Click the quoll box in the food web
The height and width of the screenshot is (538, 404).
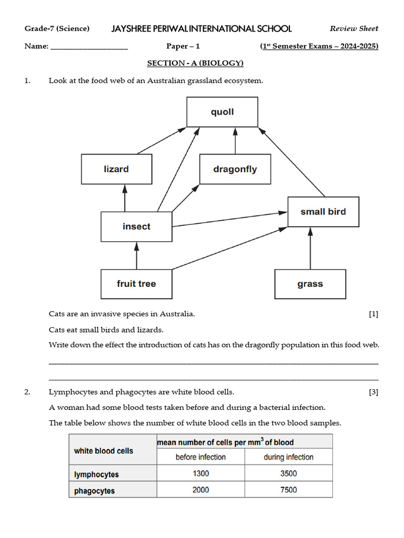(x=222, y=112)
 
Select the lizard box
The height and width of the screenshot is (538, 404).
(x=116, y=169)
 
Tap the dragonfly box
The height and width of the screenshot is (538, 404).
(x=235, y=169)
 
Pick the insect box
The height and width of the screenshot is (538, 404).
(x=136, y=226)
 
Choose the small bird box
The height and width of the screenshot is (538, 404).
(x=323, y=212)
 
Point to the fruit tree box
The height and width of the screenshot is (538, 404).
(x=136, y=284)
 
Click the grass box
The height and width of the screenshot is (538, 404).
(x=310, y=284)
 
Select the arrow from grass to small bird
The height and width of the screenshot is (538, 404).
(x=310, y=248)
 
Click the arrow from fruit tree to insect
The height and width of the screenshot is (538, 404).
(x=136, y=255)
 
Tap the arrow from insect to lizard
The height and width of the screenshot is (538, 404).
(x=125, y=198)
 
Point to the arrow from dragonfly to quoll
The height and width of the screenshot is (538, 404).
(x=235, y=140)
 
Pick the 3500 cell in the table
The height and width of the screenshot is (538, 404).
(x=288, y=473)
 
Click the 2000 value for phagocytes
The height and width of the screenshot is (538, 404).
(x=200, y=490)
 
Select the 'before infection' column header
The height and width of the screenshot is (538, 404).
(x=200, y=457)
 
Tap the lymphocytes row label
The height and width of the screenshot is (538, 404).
(x=96, y=474)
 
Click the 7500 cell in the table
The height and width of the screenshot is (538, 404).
(x=288, y=490)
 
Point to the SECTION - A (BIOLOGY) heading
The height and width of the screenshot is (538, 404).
(x=195, y=64)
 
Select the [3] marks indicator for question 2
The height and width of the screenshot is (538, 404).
(x=373, y=392)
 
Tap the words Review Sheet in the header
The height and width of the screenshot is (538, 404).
(x=353, y=28)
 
